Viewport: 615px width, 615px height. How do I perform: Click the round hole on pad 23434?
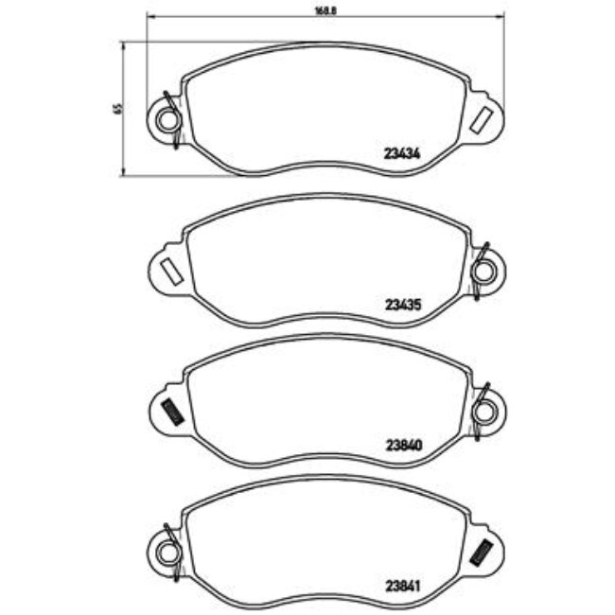click(x=168, y=119)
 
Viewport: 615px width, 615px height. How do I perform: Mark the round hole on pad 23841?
click(x=168, y=546)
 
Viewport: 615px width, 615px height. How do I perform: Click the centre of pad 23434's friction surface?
click(x=326, y=109)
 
